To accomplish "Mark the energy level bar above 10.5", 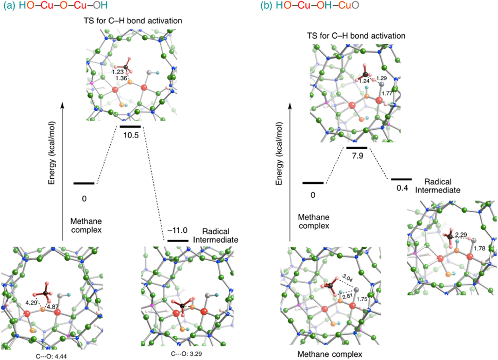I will pos(130,126).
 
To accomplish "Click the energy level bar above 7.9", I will pos(356,148).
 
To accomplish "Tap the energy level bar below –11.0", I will pos(177,240).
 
